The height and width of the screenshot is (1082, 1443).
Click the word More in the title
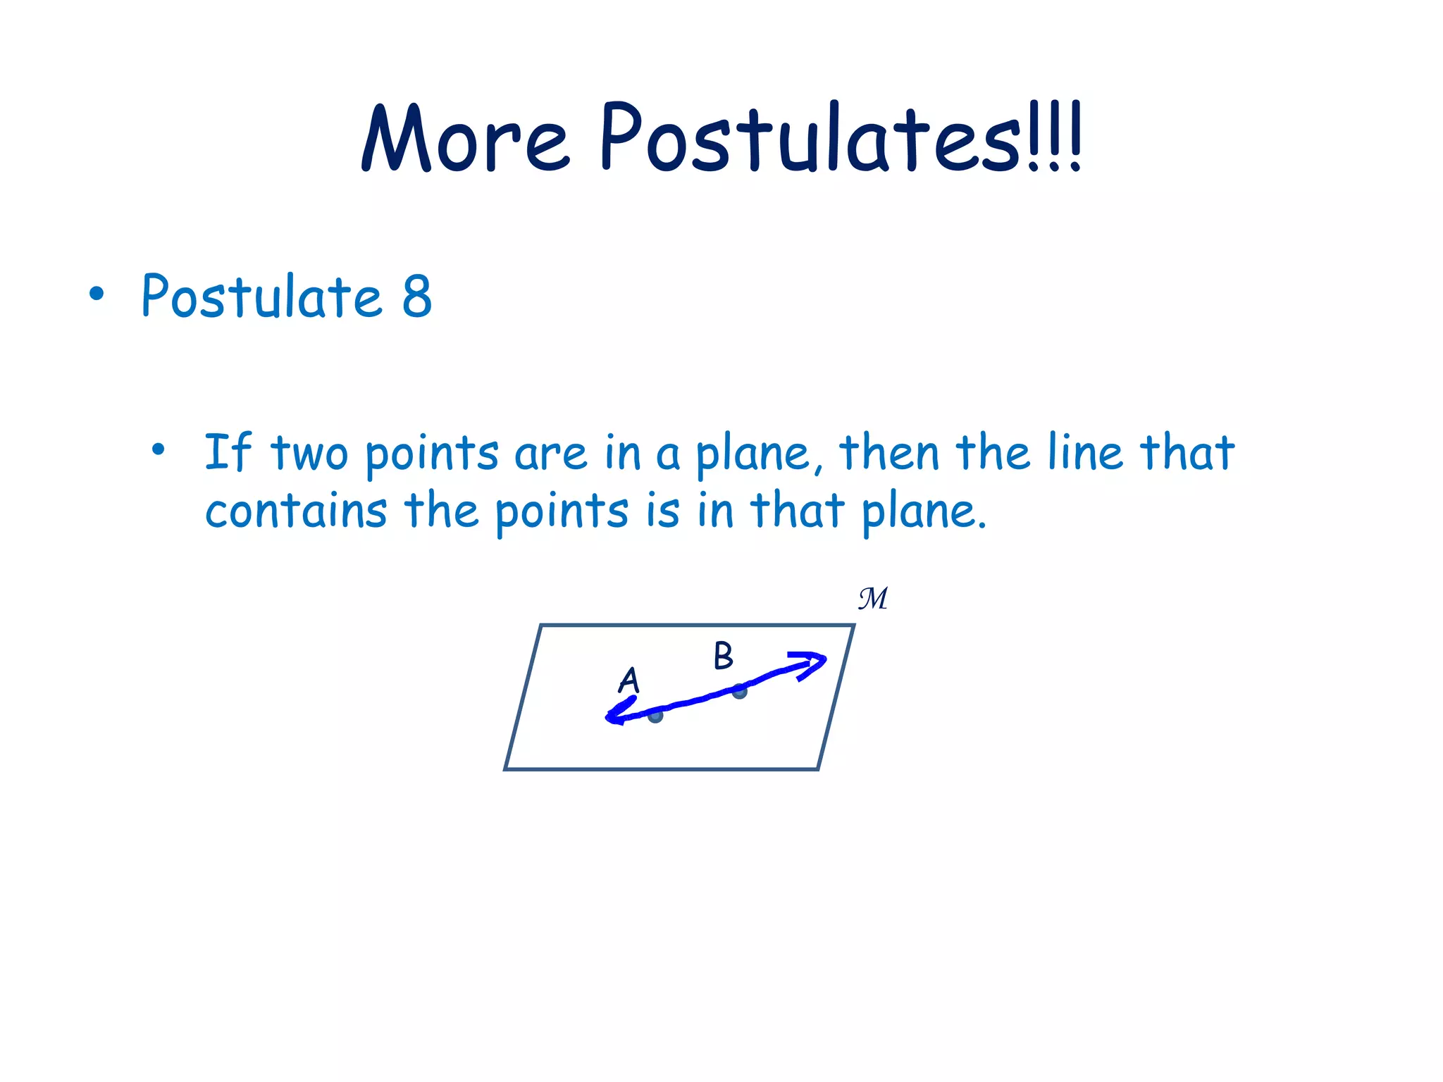coord(465,139)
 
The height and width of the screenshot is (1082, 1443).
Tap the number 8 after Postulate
coord(417,297)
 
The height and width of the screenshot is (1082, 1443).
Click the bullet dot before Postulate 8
coord(97,295)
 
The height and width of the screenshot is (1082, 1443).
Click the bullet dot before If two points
coord(159,449)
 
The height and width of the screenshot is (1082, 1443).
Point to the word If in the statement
coord(227,452)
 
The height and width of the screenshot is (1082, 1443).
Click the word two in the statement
coord(309,454)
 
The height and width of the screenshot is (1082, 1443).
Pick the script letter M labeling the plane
coord(873,599)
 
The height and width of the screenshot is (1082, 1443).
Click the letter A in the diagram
coord(628,680)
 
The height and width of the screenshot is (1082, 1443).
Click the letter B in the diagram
coord(723,656)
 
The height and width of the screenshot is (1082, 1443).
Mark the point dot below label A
coord(655,716)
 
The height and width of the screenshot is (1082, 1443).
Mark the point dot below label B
coord(739,692)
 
